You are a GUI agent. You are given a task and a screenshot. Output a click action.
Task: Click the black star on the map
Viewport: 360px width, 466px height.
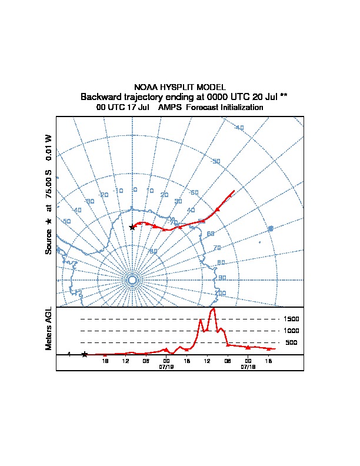pyautogui.click(x=132, y=227)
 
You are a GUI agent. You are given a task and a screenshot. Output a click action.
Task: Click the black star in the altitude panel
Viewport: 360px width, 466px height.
pyautogui.click(x=85, y=354)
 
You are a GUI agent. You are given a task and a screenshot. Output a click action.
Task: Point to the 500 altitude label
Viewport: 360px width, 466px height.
pyautogui.click(x=291, y=342)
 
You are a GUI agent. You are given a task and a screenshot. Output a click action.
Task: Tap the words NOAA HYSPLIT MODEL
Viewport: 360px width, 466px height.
pyautogui.click(x=180, y=87)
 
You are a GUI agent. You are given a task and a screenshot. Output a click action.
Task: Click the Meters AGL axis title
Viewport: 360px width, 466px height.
pyautogui.click(x=49, y=328)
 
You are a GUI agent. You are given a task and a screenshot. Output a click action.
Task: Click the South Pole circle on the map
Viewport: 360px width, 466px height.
pyautogui.click(x=132, y=281)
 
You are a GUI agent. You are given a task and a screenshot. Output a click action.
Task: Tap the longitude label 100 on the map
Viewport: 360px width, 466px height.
pyautogui.click(x=221, y=292)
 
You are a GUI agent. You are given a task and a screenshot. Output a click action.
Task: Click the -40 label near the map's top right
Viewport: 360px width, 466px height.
pyautogui.click(x=239, y=128)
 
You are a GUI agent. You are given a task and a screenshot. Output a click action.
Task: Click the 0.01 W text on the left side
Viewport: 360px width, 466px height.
pyautogui.click(x=49, y=145)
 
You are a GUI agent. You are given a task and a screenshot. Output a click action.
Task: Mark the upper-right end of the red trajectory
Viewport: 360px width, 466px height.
pyautogui.click(x=234, y=191)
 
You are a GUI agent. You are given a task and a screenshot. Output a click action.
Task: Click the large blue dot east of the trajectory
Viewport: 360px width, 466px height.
pyautogui.click(x=271, y=228)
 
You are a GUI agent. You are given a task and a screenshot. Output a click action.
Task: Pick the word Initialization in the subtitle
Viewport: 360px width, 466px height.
pyautogui.click(x=242, y=108)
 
